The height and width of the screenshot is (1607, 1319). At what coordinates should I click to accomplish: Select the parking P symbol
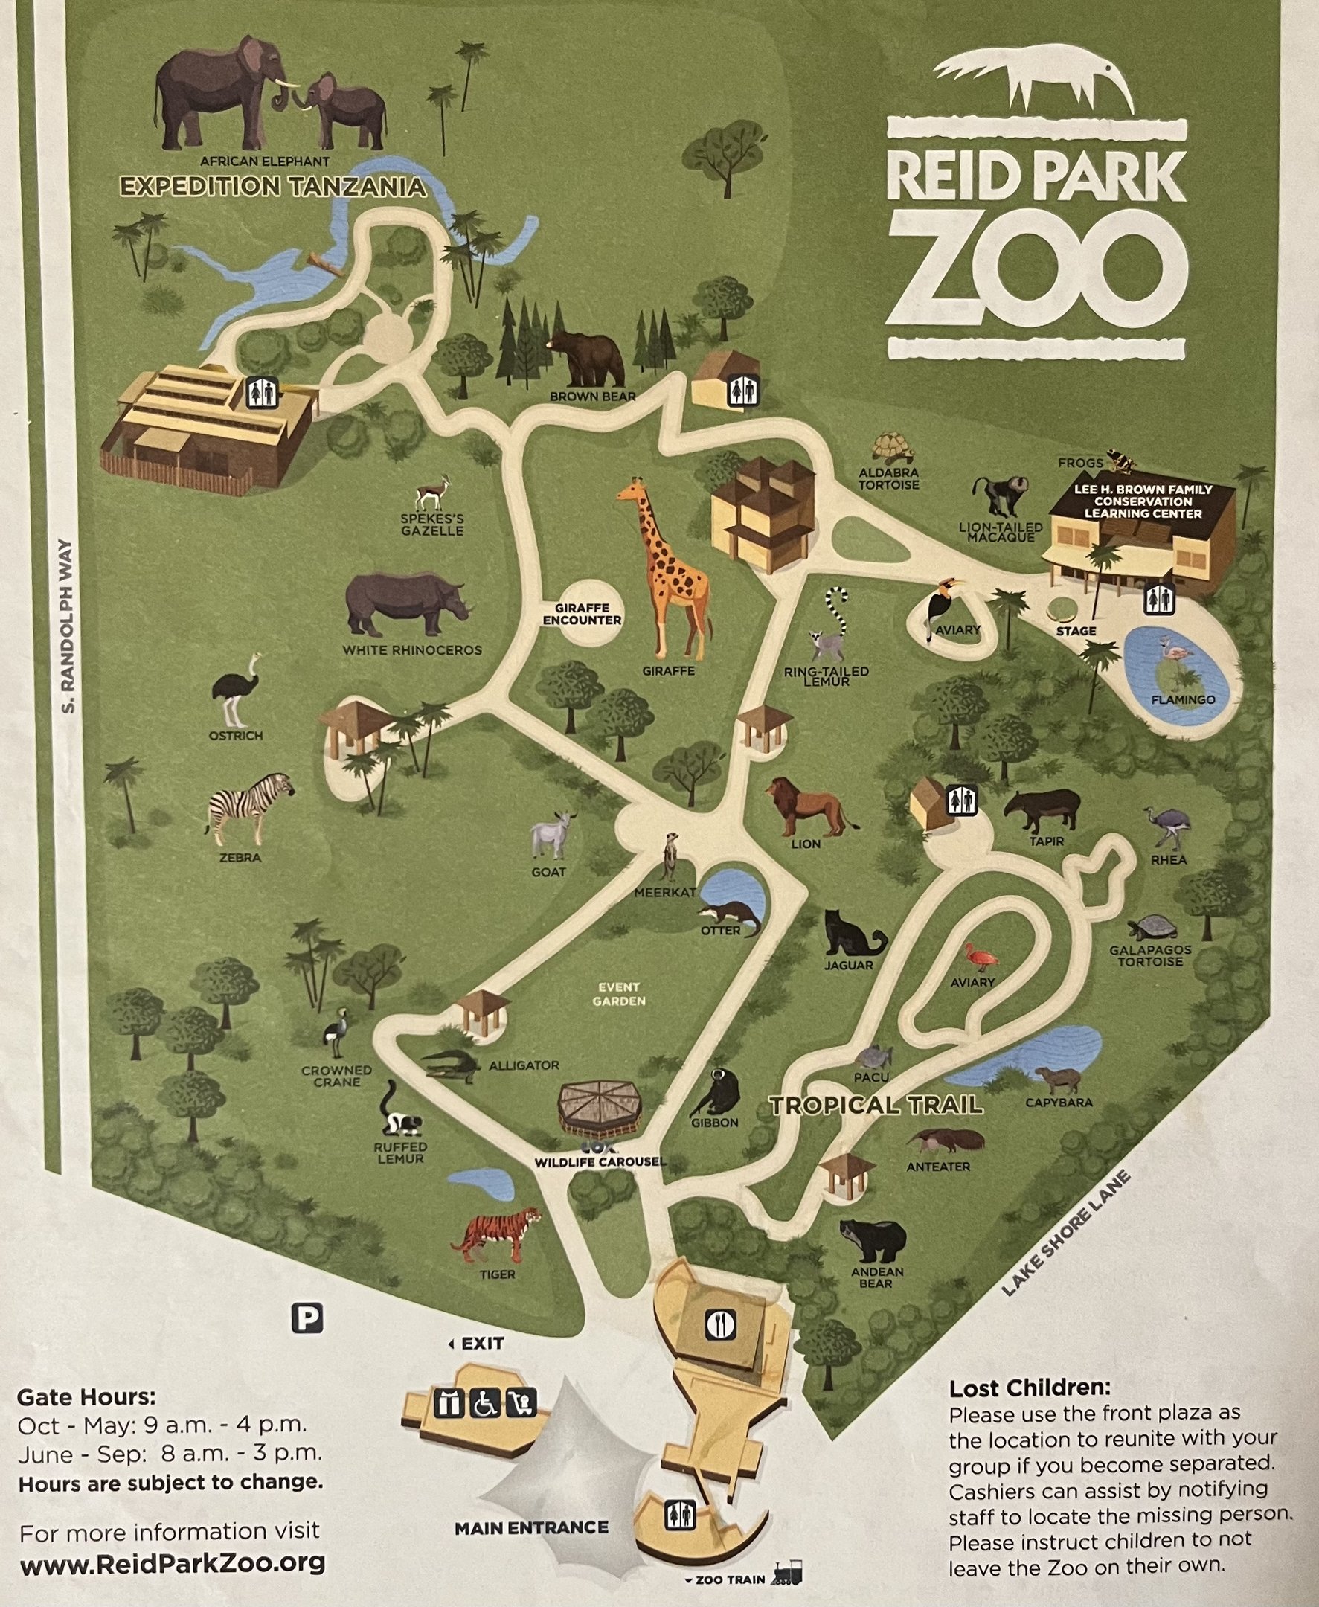307,1318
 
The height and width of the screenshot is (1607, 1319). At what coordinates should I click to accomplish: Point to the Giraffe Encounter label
583,614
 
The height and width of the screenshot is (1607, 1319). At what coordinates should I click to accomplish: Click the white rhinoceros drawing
404,604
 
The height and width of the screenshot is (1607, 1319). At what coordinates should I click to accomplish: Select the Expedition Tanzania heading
272,187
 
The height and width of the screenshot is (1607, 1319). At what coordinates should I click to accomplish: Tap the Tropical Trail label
876,1106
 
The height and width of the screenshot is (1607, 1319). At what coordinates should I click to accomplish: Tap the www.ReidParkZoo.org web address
173,1563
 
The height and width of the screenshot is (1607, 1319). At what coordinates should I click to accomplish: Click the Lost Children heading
1030,1388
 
